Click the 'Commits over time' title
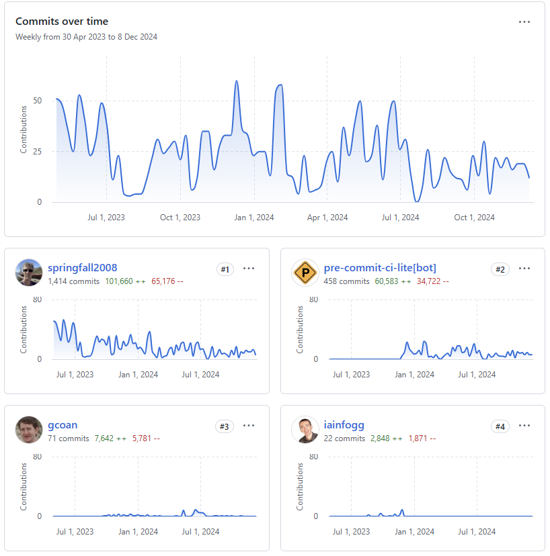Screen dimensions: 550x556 tap(62, 21)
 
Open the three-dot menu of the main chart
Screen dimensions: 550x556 tap(524, 22)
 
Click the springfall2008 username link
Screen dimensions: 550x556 tap(83, 268)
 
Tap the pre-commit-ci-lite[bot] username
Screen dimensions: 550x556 tap(380, 268)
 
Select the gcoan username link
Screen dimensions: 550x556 tap(63, 425)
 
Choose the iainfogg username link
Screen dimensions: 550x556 tap(344, 425)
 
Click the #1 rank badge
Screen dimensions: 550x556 tap(225, 269)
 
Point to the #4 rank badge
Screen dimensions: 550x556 tap(500, 426)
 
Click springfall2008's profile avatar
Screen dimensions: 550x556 tap(29, 273)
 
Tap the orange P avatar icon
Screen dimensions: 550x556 tap(305, 273)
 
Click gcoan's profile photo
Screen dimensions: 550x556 tap(29, 429)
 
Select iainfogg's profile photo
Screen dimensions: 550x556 tap(305, 429)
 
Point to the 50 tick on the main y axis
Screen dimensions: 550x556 tap(37, 101)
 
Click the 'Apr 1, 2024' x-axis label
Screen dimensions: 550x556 tap(327, 218)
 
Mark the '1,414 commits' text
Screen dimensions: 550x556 tap(74, 281)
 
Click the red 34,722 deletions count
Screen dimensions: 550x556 tap(428, 281)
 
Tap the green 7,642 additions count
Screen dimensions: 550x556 tap(104, 438)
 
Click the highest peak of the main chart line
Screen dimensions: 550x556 tap(237, 81)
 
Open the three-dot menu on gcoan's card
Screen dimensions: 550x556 tap(249, 425)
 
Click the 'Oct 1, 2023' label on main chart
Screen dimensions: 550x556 tap(180, 218)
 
